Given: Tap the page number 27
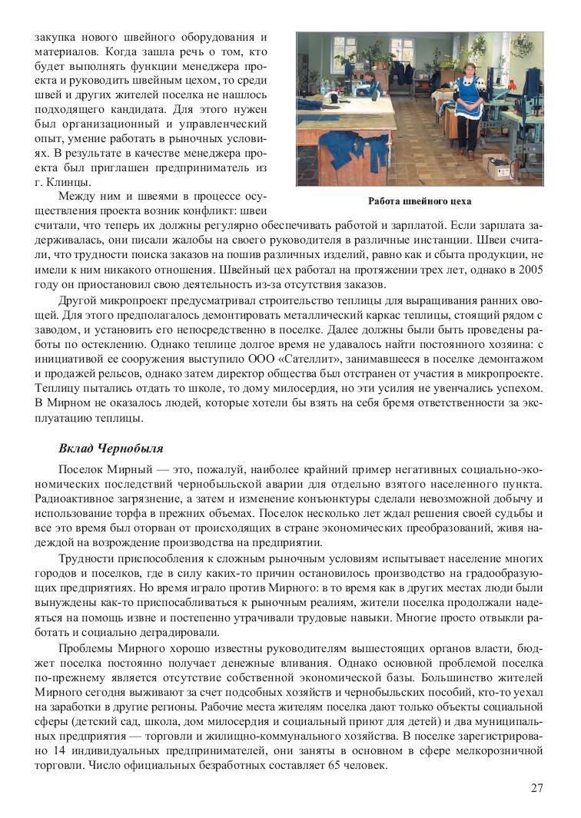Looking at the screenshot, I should pos(538,788).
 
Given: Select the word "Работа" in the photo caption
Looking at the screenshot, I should pos(384,201).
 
